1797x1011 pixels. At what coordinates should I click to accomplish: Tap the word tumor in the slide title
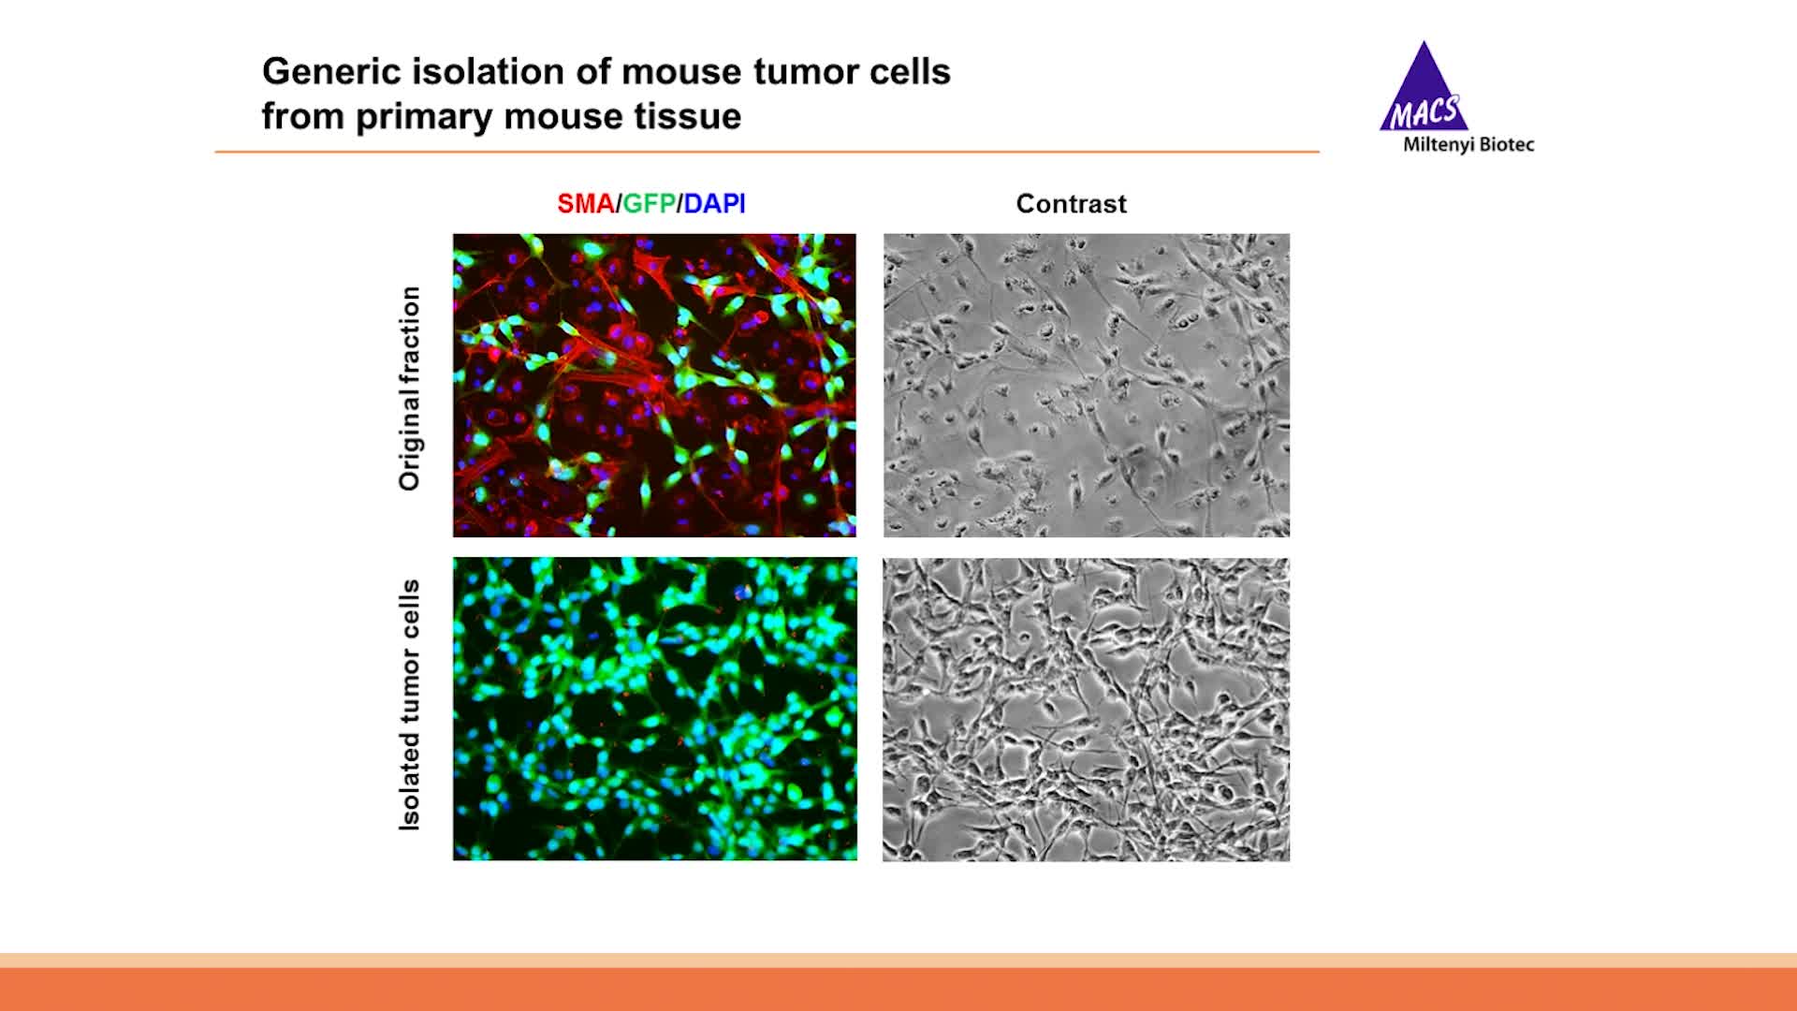805,72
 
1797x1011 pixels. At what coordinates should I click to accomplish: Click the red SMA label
585,204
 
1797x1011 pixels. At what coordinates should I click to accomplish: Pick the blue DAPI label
714,204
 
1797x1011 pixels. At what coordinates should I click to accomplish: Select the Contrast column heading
1071,204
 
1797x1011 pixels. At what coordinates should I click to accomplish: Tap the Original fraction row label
410,388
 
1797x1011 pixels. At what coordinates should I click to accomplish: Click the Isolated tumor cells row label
410,705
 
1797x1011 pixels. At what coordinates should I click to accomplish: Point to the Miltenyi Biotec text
1468,145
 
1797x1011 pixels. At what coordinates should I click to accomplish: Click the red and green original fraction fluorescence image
654,385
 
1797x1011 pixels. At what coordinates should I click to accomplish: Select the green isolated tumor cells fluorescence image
654,709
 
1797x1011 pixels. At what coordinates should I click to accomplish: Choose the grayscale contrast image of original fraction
1086,385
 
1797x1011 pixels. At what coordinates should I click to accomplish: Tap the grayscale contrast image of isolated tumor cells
1086,709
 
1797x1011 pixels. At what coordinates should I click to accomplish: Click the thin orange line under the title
767,151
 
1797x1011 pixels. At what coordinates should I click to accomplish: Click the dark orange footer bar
898,989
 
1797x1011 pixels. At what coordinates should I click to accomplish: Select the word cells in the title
908,72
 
